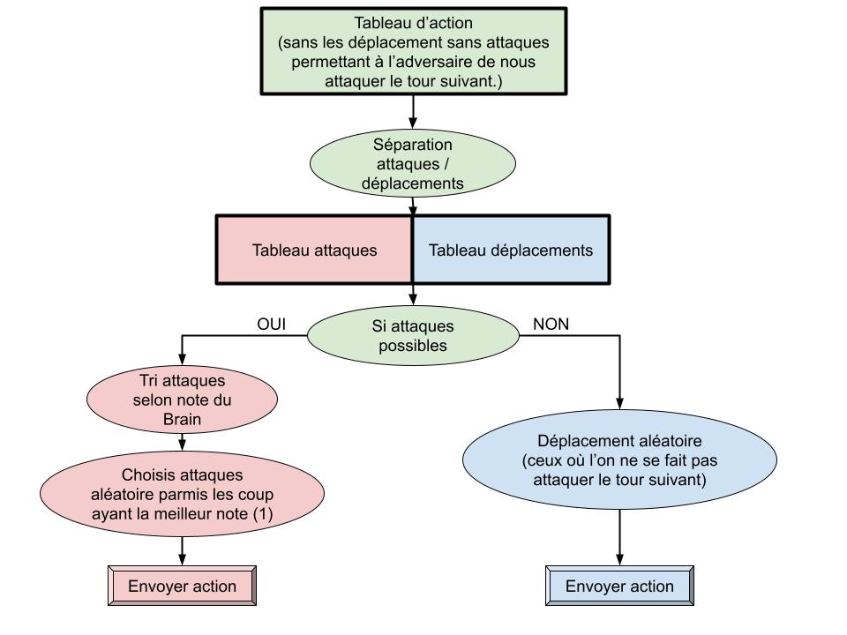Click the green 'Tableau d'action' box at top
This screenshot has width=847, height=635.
click(x=413, y=50)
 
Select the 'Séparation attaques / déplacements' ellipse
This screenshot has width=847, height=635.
click(x=413, y=164)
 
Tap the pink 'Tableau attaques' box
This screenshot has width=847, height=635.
click(x=314, y=250)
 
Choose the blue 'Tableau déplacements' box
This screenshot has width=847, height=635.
click(x=511, y=250)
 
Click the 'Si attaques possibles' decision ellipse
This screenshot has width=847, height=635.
click(x=413, y=334)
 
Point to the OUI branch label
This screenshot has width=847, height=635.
click(x=272, y=324)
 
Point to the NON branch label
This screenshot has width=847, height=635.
click(x=551, y=324)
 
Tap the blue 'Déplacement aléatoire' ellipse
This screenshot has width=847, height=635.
click(x=619, y=460)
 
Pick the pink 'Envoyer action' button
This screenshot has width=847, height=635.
click(x=183, y=586)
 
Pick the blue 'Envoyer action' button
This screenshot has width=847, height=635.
click(x=619, y=586)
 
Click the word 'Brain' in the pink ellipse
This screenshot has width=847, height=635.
click(x=183, y=420)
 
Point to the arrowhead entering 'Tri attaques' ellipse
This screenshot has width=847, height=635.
click(x=183, y=361)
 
